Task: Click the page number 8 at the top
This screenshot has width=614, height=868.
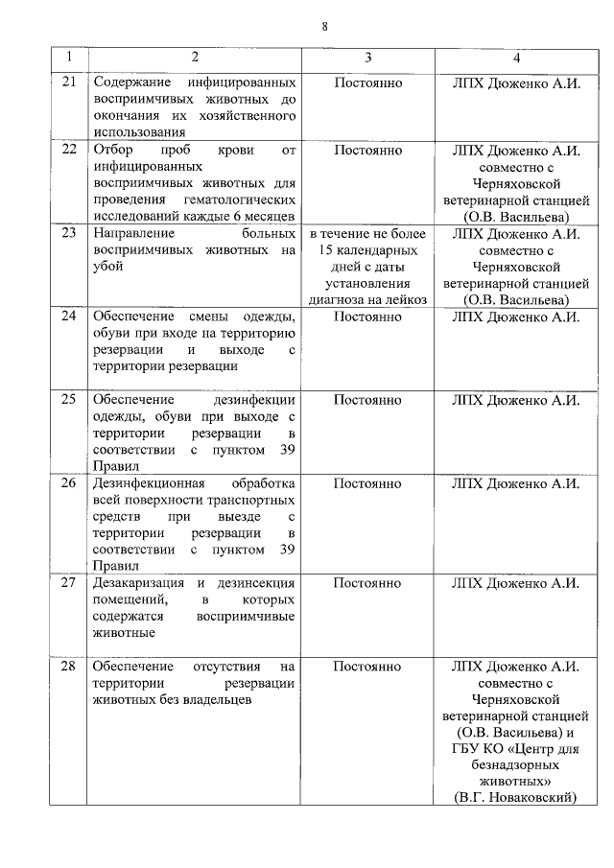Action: pyautogui.click(x=325, y=26)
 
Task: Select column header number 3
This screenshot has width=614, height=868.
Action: pyautogui.click(x=368, y=58)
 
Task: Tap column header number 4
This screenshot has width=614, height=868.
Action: pyautogui.click(x=516, y=58)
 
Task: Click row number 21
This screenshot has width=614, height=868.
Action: pyautogui.click(x=68, y=83)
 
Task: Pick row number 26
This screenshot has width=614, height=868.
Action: pyautogui.click(x=68, y=483)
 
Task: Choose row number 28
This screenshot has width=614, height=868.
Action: pyautogui.click(x=68, y=666)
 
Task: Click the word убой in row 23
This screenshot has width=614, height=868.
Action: pyautogui.click(x=107, y=267)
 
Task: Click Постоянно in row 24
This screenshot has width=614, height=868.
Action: pyautogui.click(x=367, y=317)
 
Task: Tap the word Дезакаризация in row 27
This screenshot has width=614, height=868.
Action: pyautogui.click(x=139, y=583)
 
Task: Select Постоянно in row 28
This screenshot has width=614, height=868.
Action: pyautogui.click(x=367, y=666)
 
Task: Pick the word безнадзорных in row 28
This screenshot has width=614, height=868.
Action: pyautogui.click(x=516, y=764)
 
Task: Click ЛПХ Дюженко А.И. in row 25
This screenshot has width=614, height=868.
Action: pyautogui.click(x=516, y=400)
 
